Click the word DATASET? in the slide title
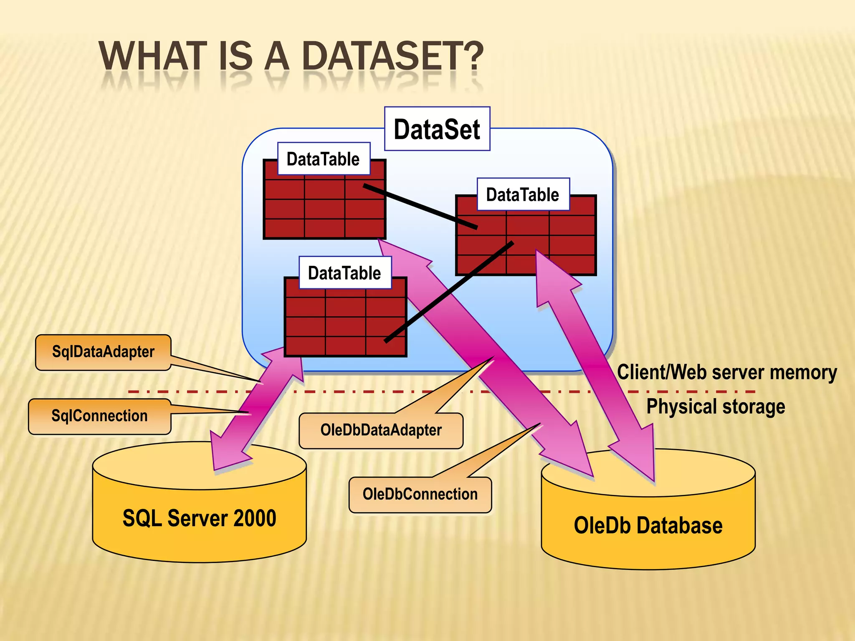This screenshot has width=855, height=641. click(392, 56)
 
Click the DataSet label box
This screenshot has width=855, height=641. click(437, 129)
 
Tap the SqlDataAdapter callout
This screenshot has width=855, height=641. click(103, 352)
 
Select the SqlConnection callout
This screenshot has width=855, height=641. click(99, 416)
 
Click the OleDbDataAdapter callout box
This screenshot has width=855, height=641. click(381, 430)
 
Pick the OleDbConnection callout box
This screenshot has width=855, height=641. click(420, 495)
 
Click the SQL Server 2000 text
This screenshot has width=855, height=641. click(199, 518)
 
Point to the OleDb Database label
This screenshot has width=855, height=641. click(648, 525)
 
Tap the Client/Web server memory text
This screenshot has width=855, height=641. click(726, 372)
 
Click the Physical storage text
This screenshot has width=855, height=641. click(716, 406)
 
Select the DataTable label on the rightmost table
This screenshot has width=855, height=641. click(523, 195)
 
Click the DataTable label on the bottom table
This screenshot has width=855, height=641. click(344, 273)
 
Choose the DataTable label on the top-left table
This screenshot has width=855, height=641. click(323, 159)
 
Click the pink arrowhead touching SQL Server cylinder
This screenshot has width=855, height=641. click(228, 453)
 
